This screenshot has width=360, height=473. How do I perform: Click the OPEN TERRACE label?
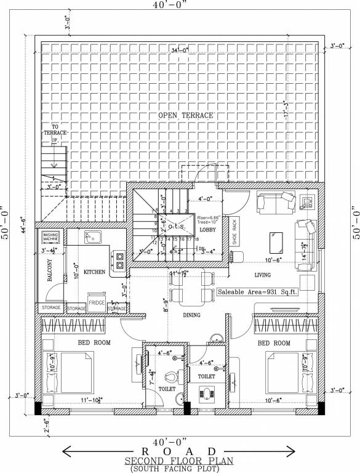[185, 115]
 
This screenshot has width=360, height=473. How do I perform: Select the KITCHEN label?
[95, 271]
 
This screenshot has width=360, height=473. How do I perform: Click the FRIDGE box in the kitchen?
[97, 303]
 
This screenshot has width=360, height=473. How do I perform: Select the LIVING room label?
[263, 276]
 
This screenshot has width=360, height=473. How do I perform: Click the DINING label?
[192, 315]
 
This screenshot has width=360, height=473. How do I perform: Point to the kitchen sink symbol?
[93, 237]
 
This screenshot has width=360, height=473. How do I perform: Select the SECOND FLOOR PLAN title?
[180, 461]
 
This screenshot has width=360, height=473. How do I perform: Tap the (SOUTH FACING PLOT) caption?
[180, 469]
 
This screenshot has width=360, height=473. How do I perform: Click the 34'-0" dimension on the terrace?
[183, 50]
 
